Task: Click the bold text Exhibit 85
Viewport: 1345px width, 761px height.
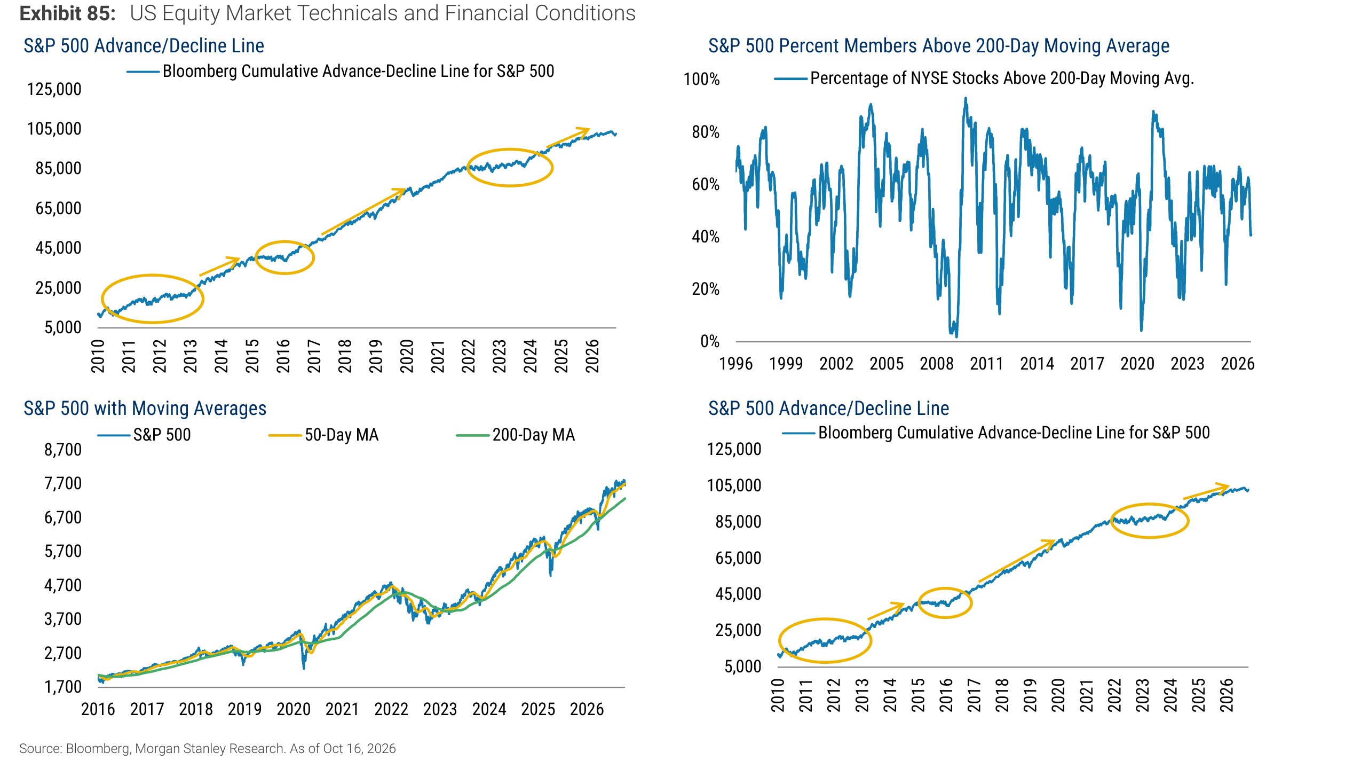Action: [x=67, y=13]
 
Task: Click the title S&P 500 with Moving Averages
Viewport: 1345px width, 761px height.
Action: [x=145, y=409]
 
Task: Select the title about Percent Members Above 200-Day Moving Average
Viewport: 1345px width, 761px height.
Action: [x=939, y=46]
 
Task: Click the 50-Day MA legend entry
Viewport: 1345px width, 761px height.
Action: [x=323, y=435]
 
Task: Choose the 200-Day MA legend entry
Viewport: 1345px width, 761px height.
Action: [x=516, y=435]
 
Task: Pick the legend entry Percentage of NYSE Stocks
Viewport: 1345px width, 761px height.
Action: [x=984, y=79]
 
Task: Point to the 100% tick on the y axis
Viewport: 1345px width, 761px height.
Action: [x=702, y=80]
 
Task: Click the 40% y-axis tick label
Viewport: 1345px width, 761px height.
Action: [x=706, y=237]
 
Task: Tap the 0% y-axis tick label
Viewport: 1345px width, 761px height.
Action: [x=710, y=341]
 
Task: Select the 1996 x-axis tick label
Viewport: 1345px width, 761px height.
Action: [x=736, y=364]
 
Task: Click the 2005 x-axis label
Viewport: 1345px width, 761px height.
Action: [x=887, y=364]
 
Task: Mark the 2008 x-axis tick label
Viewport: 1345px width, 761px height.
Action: [x=937, y=364]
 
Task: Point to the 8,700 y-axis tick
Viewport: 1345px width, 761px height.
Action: [x=63, y=450]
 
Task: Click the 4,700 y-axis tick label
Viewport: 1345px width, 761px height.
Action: [x=63, y=585]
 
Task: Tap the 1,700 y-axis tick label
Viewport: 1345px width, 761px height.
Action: [x=63, y=687]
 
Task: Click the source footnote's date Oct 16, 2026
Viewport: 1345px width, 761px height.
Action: [x=359, y=749]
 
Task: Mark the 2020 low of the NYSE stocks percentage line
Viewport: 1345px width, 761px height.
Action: [x=1141, y=330]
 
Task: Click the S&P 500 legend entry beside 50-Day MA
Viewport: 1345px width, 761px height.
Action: [x=144, y=435]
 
